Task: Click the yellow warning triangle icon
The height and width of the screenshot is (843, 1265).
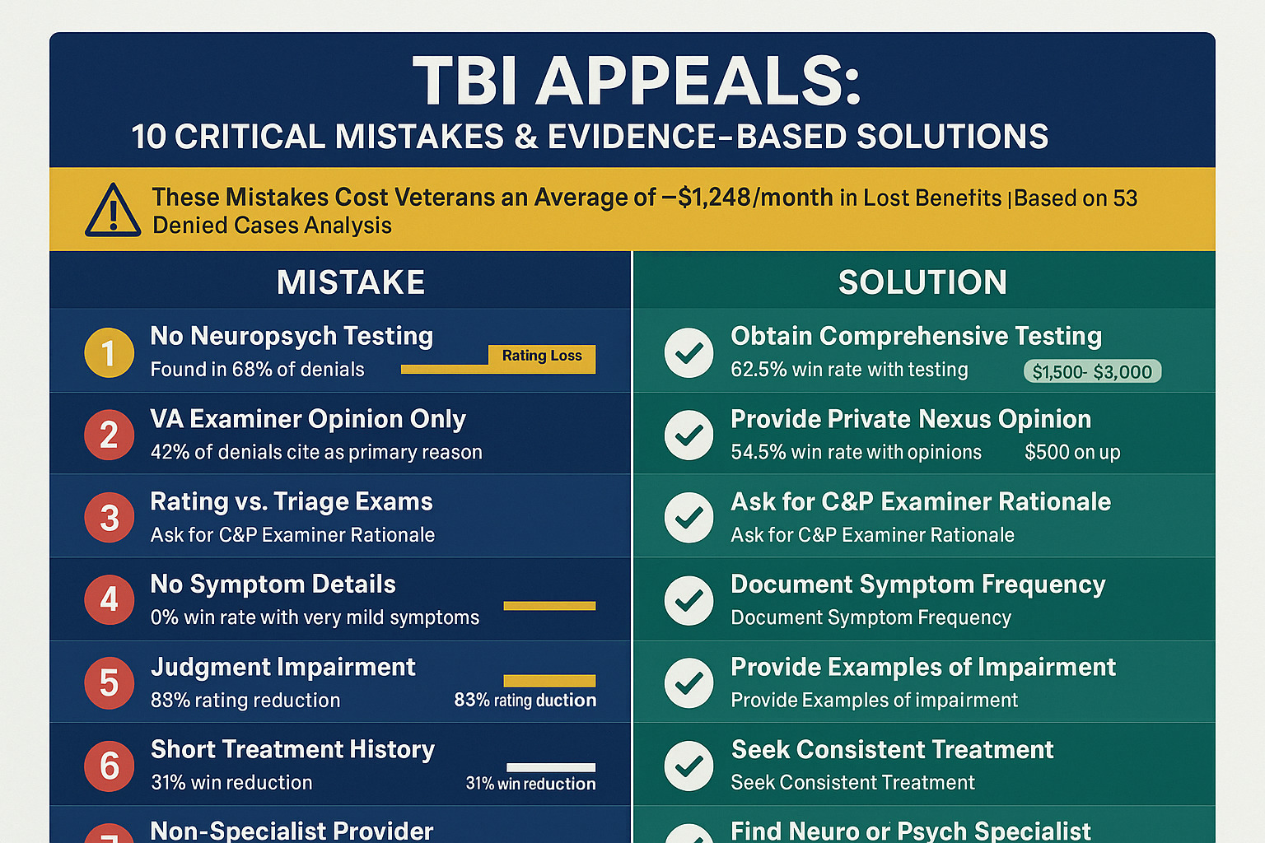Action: click(113, 211)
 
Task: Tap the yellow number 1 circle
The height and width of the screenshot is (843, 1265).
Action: click(109, 352)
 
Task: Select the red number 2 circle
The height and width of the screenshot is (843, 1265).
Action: click(109, 435)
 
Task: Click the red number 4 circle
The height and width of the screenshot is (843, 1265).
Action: click(109, 599)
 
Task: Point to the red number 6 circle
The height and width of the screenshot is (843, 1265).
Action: click(109, 766)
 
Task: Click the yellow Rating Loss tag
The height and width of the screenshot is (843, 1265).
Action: click(542, 356)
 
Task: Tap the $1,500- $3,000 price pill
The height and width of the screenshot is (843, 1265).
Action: click(1092, 371)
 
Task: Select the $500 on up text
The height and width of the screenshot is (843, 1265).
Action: click(1072, 452)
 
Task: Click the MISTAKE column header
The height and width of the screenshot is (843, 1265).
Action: click(351, 282)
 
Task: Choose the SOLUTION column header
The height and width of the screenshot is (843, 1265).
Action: click(922, 282)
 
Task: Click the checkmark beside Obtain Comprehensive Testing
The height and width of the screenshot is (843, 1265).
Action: click(689, 352)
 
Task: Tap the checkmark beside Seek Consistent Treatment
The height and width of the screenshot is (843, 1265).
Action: click(689, 766)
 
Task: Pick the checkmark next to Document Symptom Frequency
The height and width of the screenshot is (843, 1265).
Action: click(689, 599)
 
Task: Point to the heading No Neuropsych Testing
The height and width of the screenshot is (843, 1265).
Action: click(292, 336)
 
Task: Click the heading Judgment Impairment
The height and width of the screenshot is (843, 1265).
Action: click(282, 667)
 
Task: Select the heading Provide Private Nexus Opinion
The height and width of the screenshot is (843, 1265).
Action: click(911, 419)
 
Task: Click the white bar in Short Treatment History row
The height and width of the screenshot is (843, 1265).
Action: click(550, 767)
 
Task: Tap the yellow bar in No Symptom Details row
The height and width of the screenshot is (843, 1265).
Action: click(549, 606)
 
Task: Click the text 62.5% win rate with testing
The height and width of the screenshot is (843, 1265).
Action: click(849, 370)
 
